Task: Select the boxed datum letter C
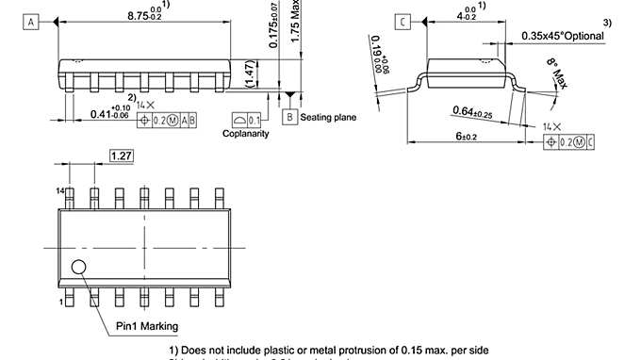coord(403,22)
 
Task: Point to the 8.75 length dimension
coord(142,13)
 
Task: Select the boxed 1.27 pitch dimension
coord(121,155)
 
